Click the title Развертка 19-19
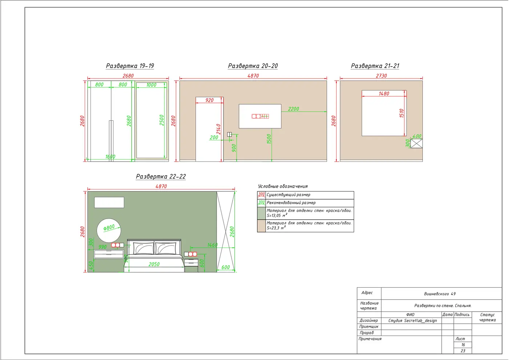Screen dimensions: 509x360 pos(130,66)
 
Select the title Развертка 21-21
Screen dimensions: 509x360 pos(375,66)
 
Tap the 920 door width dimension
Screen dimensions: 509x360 pos(209,100)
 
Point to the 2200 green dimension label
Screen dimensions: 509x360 pos(293,109)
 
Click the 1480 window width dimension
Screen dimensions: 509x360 pos(384,94)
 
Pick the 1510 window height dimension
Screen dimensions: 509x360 pos(401,113)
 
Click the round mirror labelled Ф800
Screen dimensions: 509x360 pos(109,231)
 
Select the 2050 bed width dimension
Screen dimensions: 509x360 pos(154,264)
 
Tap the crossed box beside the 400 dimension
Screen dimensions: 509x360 pos(417,143)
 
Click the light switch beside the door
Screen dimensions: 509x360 pos(229,134)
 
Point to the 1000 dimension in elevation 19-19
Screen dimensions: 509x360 pos(151,85)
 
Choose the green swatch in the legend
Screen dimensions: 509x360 pos(261,213)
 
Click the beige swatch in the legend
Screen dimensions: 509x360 pos(261,226)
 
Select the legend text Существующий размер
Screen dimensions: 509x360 pos(288,195)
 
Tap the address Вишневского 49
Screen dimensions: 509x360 pos(440,294)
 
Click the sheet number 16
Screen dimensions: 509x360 pos(463,345)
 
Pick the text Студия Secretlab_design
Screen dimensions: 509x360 pos(412,321)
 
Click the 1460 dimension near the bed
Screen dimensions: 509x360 pos(212,245)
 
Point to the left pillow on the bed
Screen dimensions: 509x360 pos(143,248)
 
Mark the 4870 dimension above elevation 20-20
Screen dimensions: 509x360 pos(253,76)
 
